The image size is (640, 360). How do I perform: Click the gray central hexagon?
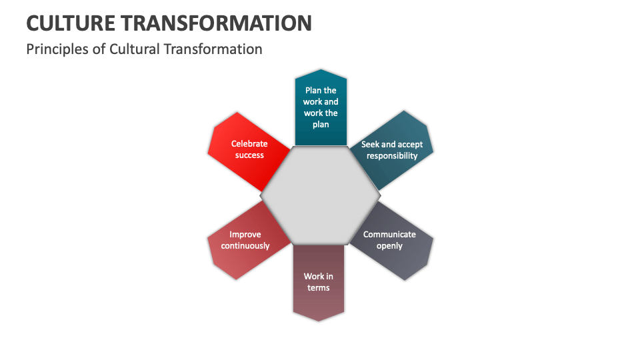click(x=321, y=195)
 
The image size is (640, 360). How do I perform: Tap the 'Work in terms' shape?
click(x=319, y=283)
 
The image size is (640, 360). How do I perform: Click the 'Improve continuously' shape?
click(x=245, y=241)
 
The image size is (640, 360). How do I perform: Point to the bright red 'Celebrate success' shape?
click(x=247, y=149)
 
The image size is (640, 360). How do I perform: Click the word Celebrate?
click(x=249, y=144)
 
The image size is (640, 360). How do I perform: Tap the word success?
click(x=249, y=155)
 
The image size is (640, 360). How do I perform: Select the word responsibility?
click(x=392, y=156)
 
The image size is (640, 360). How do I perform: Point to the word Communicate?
click(x=389, y=235)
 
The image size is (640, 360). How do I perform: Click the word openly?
click(x=389, y=246)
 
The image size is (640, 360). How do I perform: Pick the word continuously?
click(x=245, y=246)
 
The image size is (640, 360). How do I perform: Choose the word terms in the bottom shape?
click(x=319, y=288)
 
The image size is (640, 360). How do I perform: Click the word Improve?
click(x=245, y=235)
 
